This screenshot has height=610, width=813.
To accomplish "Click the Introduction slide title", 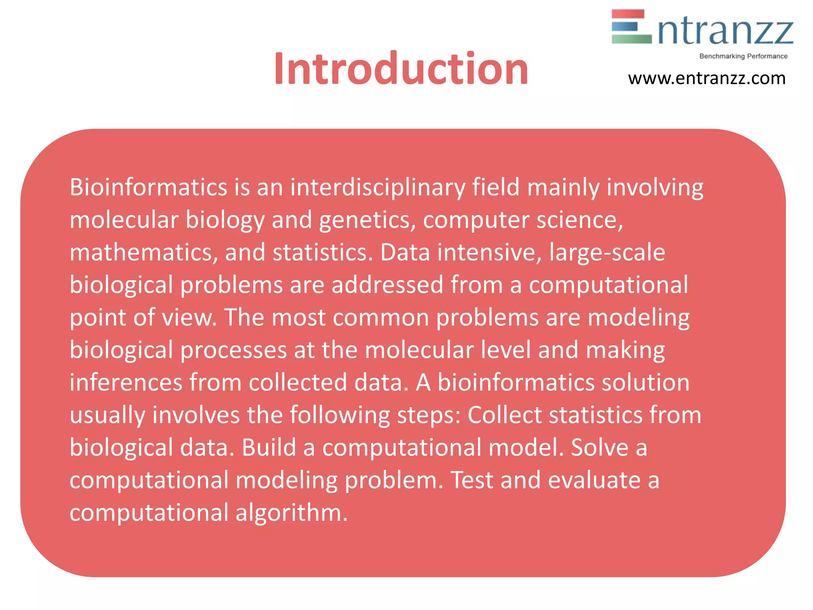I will click(x=401, y=69).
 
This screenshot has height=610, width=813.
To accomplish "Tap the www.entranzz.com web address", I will click(x=707, y=78).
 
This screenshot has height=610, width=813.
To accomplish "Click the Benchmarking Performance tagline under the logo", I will click(x=743, y=56).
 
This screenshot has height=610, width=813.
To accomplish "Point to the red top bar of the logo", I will click(x=628, y=14).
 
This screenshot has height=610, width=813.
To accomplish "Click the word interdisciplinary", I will click(x=378, y=187).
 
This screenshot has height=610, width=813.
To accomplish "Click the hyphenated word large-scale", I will click(x=607, y=252).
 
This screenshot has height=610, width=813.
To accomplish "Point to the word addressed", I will click(x=387, y=285).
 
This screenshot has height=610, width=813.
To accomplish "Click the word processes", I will click(x=234, y=350).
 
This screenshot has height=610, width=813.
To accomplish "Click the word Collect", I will click(x=505, y=415).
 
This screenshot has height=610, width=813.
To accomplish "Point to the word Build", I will click(x=269, y=448).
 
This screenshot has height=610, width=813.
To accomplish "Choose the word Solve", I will click(x=599, y=448).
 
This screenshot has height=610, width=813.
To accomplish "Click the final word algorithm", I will click(x=291, y=513).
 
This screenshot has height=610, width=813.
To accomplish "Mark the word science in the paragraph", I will click(x=580, y=220).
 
